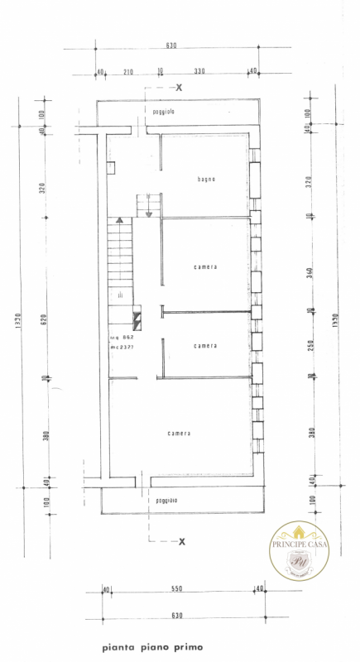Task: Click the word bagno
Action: point(206,180)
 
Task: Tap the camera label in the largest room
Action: point(179,433)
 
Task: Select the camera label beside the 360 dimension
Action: point(206,266)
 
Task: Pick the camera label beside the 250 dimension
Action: point(206,345)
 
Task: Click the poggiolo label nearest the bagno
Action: point(162,111)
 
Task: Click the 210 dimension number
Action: point(128,71)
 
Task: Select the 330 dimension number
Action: point(199,71)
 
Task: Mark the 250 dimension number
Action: point(308,344)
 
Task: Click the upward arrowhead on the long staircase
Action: point(121,221)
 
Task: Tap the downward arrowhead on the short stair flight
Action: point(148,213)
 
